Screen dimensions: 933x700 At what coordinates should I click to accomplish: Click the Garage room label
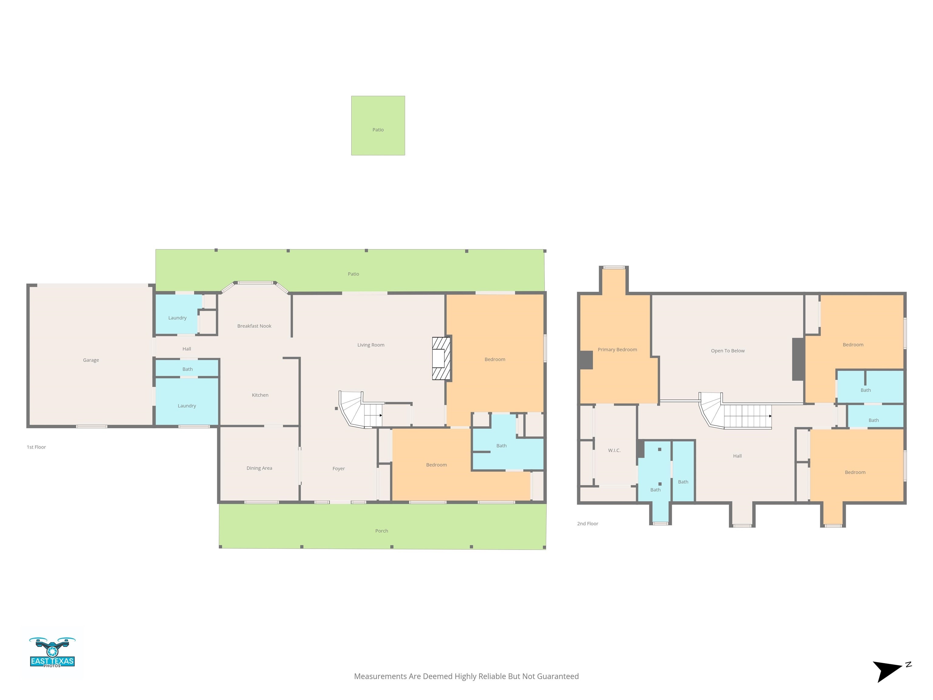pos(91,360)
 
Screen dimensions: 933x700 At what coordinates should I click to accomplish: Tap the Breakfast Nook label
pos(254,326)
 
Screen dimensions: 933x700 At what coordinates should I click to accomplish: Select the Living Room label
pos(371,345)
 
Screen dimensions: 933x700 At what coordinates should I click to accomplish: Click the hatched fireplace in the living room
pos(442,358)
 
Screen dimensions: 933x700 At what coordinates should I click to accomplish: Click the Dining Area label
pos(259,468)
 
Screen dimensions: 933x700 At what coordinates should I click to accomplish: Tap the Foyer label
pos(338,468)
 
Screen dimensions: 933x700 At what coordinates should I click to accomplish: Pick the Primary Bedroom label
pos(617,349)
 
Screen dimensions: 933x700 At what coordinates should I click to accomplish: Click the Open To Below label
pos(728,351)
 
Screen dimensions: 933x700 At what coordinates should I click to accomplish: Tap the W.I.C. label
pos(614,450)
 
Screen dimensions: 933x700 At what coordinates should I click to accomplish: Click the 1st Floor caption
pos(36,447)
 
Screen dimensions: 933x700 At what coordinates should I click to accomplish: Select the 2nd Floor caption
pos(588,523)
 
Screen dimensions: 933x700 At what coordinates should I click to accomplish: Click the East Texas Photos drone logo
pos(52,652)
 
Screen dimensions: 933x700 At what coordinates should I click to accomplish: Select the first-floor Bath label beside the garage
pos(187,369)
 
